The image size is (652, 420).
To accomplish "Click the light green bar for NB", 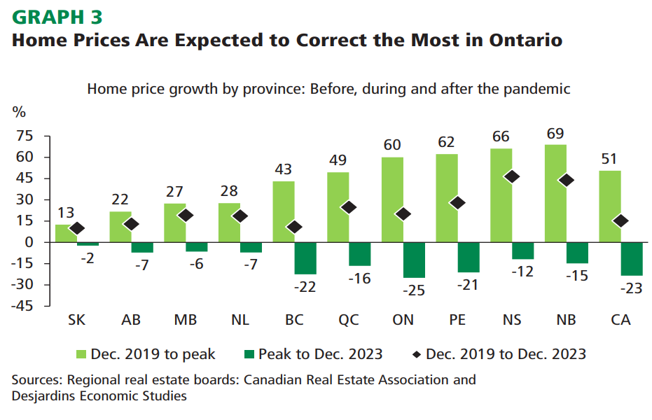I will (x=555, y=192).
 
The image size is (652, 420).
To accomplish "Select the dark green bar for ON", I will (x=414, y=260).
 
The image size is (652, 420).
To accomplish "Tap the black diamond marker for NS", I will (x=512, y=177).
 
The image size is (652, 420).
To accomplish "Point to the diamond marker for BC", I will (x=294, y=227).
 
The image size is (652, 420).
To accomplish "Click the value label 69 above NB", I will (x=555, y=134).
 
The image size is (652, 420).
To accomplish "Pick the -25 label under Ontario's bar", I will (x=415, y=290).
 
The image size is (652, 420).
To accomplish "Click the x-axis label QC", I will (x=349, y=320).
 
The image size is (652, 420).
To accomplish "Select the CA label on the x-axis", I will (x=620, y=320).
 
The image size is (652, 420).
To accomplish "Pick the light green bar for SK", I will (x=61, y=233).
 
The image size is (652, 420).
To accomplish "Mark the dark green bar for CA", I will (x=632, y=259).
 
